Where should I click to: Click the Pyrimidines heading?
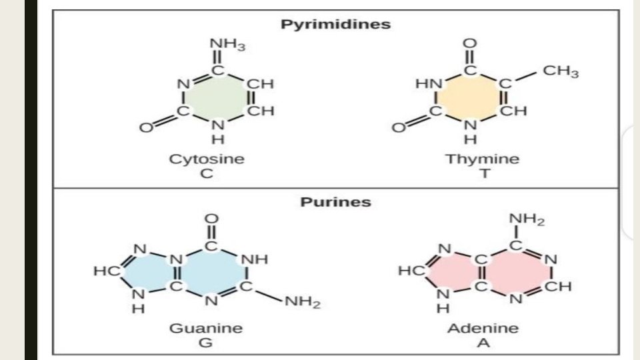click(335, 24)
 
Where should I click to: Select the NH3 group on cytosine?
click(228, 45)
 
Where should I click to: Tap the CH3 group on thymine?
click(561, 72)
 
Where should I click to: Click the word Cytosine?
click(207, 159)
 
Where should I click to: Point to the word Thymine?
click(482, 159)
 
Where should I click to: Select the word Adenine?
click(483, 328)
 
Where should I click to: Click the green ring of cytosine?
click(215, 99)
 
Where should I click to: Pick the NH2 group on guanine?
click(303, 304)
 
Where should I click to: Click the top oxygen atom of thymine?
click(470, 44)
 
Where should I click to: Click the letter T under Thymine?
click(483, 173)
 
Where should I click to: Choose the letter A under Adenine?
click(483, 343)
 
